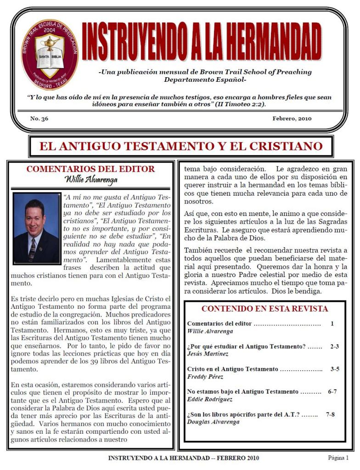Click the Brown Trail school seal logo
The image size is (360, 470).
point(50,54)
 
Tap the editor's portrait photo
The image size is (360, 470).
point(37,228)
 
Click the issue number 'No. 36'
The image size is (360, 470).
point(39,119)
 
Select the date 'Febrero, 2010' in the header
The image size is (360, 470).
point(292,119)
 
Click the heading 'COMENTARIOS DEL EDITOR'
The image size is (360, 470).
point(90,169)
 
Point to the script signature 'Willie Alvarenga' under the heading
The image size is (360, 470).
point(91,179)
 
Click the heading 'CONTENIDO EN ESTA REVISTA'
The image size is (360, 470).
point(264,309)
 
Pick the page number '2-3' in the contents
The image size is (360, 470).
point(334,346)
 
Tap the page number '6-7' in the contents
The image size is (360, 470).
point(332,391)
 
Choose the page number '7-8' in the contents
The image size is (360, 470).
point(330,414)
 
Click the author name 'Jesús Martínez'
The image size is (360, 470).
point(208,354)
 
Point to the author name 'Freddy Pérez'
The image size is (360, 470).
point(205,377)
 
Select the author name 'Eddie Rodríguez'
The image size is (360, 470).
point(210,399)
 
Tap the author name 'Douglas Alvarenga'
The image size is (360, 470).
point(213,422)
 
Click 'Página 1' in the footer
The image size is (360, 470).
point(338,458)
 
